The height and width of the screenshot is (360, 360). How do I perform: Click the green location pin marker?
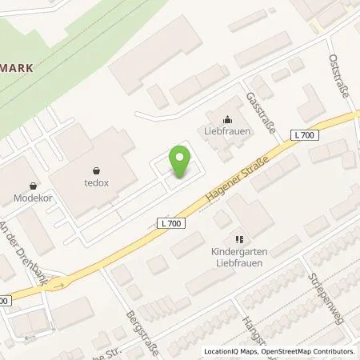pyautogui.click(x=180, y=162)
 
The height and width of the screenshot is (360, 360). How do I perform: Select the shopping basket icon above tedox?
pyautogui.click(x=98, y=169)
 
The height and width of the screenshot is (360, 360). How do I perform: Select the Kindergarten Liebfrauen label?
pyautogui.click(x=238, y=257)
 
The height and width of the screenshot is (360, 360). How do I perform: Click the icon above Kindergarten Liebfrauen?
pyautogui.click(x=237, y=238)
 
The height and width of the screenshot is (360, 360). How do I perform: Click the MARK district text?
pyautogui.click(x=17, y=69)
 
